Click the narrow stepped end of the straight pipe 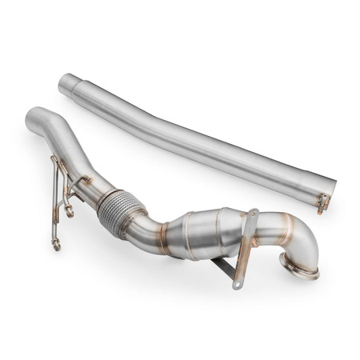point(70,81)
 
